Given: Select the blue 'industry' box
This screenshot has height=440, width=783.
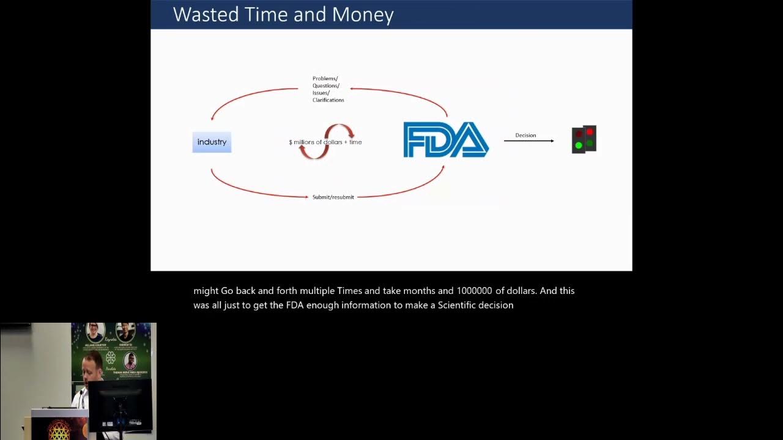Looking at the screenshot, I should [x=212, y=142].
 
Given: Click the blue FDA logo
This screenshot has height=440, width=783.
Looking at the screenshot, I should [x=445, y=140].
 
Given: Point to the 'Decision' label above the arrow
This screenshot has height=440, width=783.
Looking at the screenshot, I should [x=525, y=135].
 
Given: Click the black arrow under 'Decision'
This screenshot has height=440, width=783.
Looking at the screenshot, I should [x=529, y=141].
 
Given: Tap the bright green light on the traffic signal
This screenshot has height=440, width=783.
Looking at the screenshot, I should [x=579, y=145].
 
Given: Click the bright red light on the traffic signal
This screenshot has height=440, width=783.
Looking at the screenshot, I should [x=590, y=132].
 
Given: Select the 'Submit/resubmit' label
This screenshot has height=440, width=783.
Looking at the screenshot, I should [x=333, y=197].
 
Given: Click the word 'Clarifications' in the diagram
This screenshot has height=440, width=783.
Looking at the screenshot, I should [x=328, y=100].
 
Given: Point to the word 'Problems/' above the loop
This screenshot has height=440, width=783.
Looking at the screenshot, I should [x=325, y=78].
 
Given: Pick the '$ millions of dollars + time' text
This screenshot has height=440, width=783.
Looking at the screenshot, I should [x=325, y=142].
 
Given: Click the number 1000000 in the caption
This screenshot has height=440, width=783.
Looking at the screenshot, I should [x=474, y=291].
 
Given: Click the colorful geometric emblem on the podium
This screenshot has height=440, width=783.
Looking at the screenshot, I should [x=59, y=431].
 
